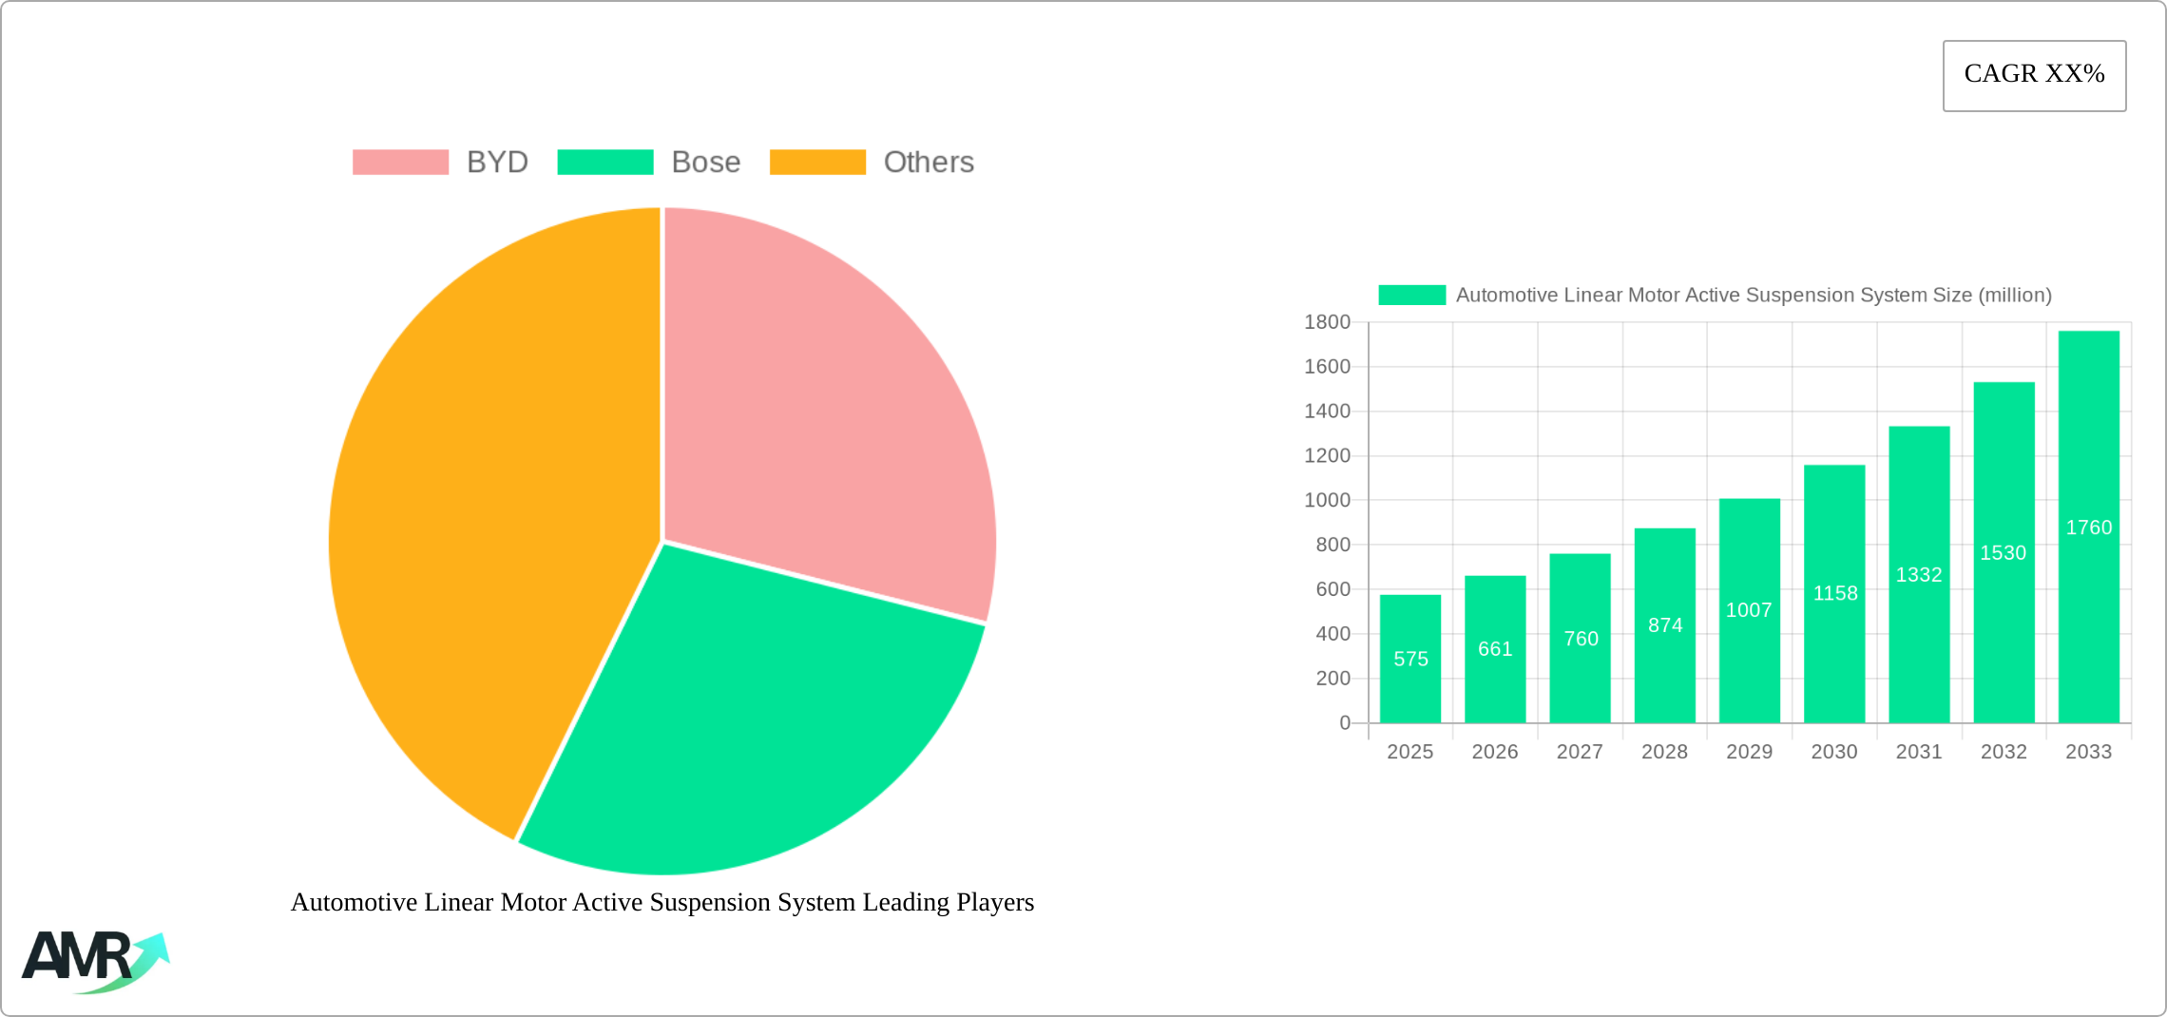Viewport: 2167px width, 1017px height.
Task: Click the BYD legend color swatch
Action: tap(400, 163)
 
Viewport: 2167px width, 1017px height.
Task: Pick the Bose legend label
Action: tap(705, 163)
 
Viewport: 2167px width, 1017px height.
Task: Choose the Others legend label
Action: tap(929, 163)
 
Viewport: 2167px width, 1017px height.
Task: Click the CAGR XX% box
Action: tap(2034, 75)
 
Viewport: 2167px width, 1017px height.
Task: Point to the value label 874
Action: tap(1665, 625)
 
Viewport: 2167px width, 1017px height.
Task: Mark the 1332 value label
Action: tap(1919, 575)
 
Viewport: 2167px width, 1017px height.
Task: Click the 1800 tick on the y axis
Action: tap(1327, 322)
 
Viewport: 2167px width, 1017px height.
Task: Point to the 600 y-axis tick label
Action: tap(1333, 589)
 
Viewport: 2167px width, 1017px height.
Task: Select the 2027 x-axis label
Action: tap(1580, 752)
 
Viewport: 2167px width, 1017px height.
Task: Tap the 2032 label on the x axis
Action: tap(2004, 752)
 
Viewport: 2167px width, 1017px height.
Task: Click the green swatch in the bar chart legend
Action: tap(1411, 296)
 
